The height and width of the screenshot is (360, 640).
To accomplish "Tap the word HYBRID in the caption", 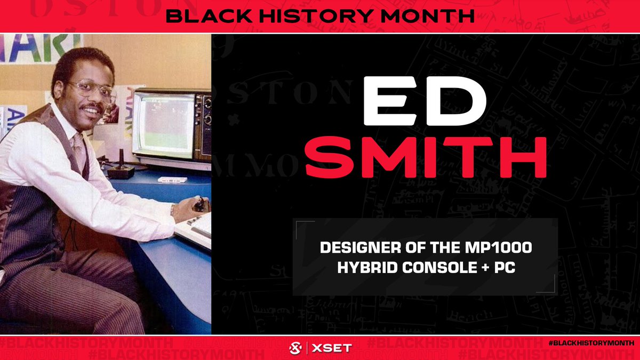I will pos(365,267).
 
